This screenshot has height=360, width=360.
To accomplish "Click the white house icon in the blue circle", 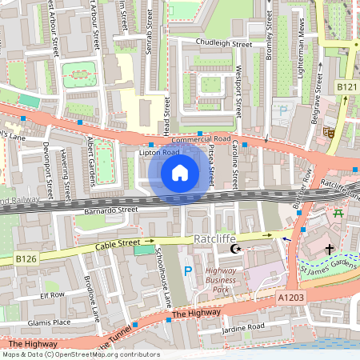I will (179, 172).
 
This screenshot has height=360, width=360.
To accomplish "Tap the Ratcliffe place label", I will (216, 239).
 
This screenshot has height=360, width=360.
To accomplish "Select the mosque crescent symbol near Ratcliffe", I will (235, 250).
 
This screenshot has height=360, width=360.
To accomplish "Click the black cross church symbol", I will (329, 250).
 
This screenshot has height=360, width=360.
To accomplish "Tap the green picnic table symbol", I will (338, 212).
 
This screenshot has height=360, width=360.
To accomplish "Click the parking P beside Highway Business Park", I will (188, 272).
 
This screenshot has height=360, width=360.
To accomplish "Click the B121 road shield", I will (346, 86).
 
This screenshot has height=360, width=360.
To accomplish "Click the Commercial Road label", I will (200, 140).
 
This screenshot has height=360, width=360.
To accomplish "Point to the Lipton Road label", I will (158, 152).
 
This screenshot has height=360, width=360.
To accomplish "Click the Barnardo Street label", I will (111, 210).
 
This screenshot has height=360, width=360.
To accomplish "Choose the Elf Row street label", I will (52, 294).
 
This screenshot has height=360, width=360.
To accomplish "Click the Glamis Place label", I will (50, 322).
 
